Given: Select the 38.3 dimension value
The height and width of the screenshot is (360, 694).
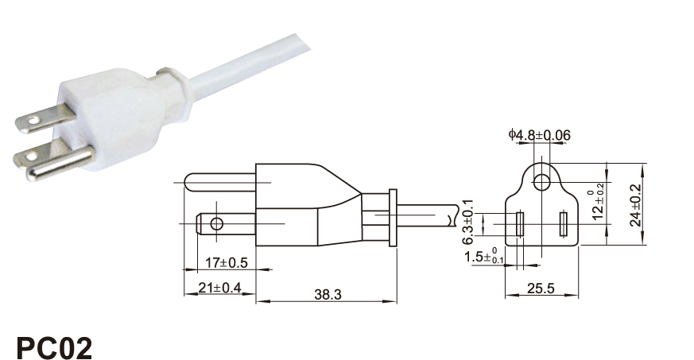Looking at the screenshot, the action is (328, 294).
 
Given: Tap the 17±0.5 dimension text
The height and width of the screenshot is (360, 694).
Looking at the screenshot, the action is (227, 263).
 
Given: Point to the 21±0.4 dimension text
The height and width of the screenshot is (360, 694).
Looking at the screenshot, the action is (219, 288).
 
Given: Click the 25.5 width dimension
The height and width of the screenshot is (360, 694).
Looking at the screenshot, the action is (541, 288).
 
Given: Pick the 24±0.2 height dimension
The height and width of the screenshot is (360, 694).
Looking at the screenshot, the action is (636, 205).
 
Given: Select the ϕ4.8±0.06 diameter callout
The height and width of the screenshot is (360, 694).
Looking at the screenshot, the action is (540, 135).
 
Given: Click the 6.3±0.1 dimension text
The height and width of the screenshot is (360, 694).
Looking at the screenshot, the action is (467, 222).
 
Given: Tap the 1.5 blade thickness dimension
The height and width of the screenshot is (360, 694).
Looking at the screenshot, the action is (484, 257).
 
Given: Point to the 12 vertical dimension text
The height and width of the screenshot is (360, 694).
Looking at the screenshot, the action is (598, 205).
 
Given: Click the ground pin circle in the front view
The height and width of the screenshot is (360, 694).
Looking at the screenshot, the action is (541, 182).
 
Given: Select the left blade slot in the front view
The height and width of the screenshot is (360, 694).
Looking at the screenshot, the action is (520, 224).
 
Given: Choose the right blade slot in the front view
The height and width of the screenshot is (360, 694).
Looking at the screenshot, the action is (564, 224).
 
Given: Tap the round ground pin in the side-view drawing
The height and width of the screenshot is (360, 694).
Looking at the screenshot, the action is (220, 182).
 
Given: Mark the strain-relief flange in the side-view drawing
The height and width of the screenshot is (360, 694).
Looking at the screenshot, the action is (393, 217).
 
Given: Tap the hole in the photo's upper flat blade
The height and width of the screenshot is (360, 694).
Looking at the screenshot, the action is (33, 119).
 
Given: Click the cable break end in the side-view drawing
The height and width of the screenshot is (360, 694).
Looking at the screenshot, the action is (454, 216).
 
